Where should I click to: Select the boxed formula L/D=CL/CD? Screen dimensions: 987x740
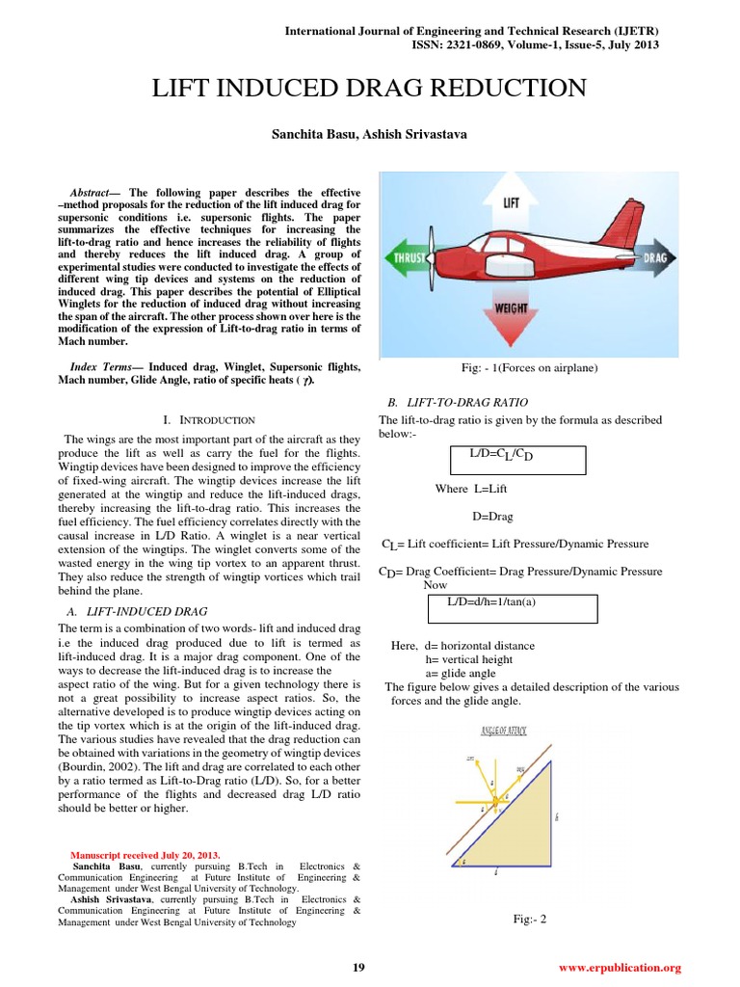(518, 455)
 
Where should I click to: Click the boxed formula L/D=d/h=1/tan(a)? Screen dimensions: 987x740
(512, 607)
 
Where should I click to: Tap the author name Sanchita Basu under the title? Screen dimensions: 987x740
(306, 136)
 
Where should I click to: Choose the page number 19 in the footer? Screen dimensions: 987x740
(359, 967)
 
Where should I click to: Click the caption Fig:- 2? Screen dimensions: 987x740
(530, 920)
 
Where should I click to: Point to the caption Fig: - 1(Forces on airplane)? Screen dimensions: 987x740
(530, 367)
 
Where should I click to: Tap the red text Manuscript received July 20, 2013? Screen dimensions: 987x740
(145, 855)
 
